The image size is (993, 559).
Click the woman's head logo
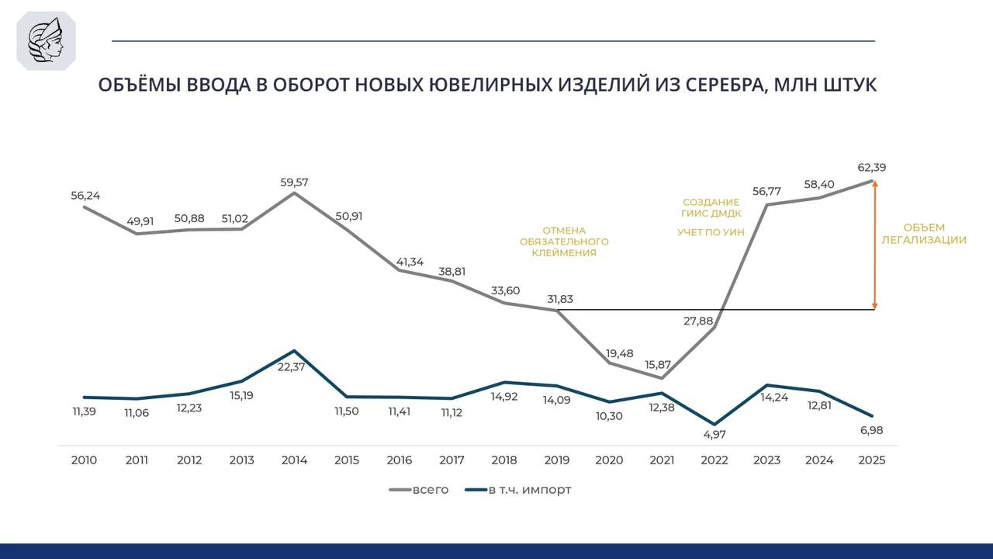click(x=46, y=41)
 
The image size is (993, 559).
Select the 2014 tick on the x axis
click(x=294, y=460)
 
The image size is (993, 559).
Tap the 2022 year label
click(x=714, y=460)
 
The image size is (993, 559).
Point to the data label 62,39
click(x=870, y=167)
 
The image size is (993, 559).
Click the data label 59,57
click(x=294, y=182)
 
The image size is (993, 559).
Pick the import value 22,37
click(x=291, y=367)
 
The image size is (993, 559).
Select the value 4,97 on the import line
click(x=714, y=435)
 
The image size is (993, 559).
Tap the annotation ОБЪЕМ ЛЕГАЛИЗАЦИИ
click(x=924, y=234)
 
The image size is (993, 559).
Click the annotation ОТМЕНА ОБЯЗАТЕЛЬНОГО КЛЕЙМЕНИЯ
click(x=564, y=241)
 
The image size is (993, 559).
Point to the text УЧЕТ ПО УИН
click(x=711, y=232)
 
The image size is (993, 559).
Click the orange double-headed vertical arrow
click(x=875, y=245)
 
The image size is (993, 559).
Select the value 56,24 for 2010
click(x=85, y=196)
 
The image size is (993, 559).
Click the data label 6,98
click(x=870, y=430)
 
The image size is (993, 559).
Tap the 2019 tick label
click(x=556, y=460)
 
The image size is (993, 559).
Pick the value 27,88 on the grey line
click(x=699, y=321)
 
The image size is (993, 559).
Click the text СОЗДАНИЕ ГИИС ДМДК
click(x=711, y=208)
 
